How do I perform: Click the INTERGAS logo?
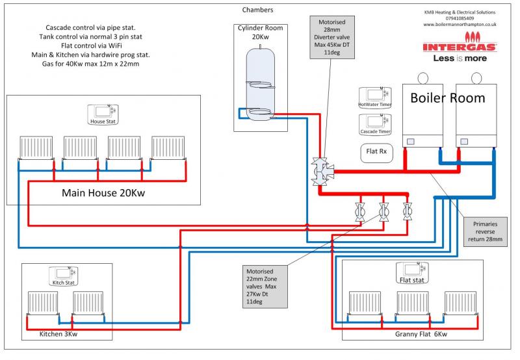[460, 47]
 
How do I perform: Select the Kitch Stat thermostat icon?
[64, 276]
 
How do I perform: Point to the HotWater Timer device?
[374, 97]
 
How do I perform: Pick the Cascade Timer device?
[374, 124]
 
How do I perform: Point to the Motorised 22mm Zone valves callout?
[263, 287]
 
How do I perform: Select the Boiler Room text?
[447, 98]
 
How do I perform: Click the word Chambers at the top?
[257, 10]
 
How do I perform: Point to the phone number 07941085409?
[460, 18]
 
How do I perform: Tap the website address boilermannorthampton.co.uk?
[460, 25]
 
